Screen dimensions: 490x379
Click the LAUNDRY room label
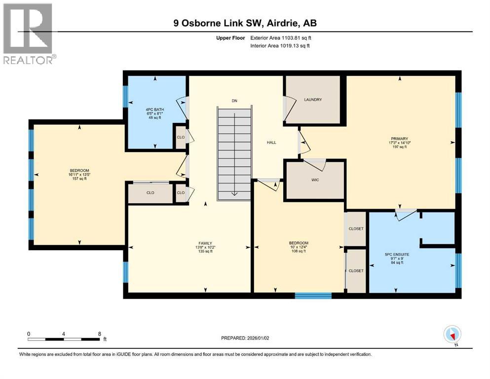313,100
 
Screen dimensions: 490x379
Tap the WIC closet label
315,180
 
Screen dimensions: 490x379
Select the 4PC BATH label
155,110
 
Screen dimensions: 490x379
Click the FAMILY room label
205,243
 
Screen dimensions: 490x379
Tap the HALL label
271,143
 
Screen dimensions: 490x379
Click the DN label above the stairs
234,101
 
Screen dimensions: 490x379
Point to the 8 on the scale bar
99,334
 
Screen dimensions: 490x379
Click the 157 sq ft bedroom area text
78,179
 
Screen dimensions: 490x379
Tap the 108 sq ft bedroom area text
299,251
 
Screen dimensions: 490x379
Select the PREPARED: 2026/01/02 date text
245,338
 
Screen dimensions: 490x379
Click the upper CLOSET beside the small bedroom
356,229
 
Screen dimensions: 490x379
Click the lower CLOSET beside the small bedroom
356,271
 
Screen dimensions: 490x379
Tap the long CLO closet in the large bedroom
150,193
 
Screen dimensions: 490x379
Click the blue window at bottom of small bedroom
313,296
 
